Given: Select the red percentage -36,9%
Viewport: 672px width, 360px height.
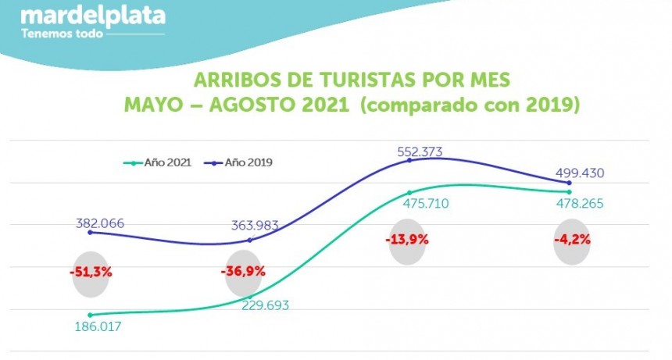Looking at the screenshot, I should point(244,272).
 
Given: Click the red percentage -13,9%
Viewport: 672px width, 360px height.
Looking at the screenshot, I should point(407,239).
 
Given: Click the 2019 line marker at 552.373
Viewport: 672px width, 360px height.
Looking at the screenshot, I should point(410,159).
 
